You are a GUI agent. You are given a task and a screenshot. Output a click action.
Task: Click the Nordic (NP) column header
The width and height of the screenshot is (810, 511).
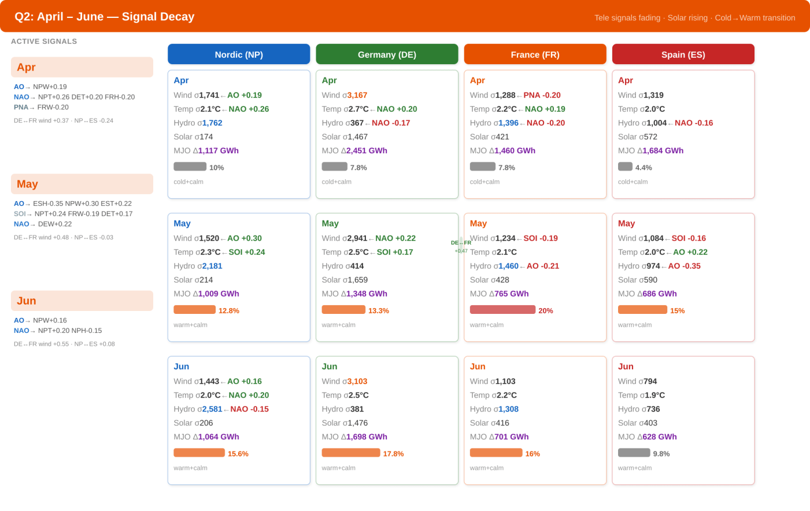(x=239, y=54)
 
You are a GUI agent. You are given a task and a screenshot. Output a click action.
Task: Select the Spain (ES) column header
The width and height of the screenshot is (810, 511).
(x=683, y=54)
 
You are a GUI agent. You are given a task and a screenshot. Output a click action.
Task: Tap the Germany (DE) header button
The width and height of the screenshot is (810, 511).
(x=387, y=54)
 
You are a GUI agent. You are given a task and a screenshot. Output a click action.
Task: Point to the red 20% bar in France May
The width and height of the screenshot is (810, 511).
(x=502, y=310)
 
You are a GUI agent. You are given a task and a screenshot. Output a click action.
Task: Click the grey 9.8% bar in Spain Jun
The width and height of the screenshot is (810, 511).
(x=634, y=453)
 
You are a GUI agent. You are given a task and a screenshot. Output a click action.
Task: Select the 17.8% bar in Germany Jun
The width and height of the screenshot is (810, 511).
(x=351, y=453)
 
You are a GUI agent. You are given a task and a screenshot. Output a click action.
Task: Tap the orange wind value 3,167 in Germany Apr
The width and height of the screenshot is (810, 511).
(x=357, y=95)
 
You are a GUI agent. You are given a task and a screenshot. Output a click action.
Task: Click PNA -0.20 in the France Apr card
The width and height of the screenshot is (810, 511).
(x=542, y=95)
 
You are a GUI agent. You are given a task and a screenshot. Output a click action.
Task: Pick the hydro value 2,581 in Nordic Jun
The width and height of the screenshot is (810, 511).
(x=212, y=409)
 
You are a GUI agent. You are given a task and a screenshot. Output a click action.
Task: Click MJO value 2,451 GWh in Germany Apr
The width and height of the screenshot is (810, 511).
(x=367, y=150)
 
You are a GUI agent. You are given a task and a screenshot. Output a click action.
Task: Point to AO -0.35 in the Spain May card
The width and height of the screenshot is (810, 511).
(x=684, y=266)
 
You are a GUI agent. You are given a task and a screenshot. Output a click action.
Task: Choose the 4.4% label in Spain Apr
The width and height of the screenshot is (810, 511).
(x=643, y=168)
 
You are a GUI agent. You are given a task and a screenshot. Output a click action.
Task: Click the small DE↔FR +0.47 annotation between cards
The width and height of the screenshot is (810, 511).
(x=461, y=246)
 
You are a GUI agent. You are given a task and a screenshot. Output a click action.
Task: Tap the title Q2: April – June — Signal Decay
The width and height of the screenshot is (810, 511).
(x=105, y=17)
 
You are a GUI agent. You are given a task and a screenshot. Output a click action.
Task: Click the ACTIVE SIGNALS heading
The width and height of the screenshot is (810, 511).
(x=44, y=41)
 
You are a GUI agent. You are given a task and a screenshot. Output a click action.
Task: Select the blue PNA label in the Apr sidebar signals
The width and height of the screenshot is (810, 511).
(x=21, y=107)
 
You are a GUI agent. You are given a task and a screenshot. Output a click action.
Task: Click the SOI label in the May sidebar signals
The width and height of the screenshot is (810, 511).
(x=20, y=214)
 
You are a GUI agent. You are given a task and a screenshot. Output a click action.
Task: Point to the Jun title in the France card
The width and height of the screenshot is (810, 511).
(x=478, y=366)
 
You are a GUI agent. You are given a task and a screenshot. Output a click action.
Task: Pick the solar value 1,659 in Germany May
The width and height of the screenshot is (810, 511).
(x=357, y=280)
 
